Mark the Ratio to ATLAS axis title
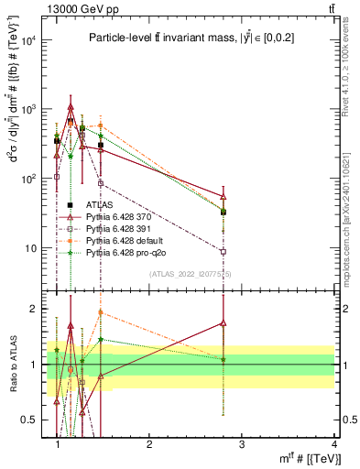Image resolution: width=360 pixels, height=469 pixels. coord(12,365)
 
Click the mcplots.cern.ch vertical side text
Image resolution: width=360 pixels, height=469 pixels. coord(352,220)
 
